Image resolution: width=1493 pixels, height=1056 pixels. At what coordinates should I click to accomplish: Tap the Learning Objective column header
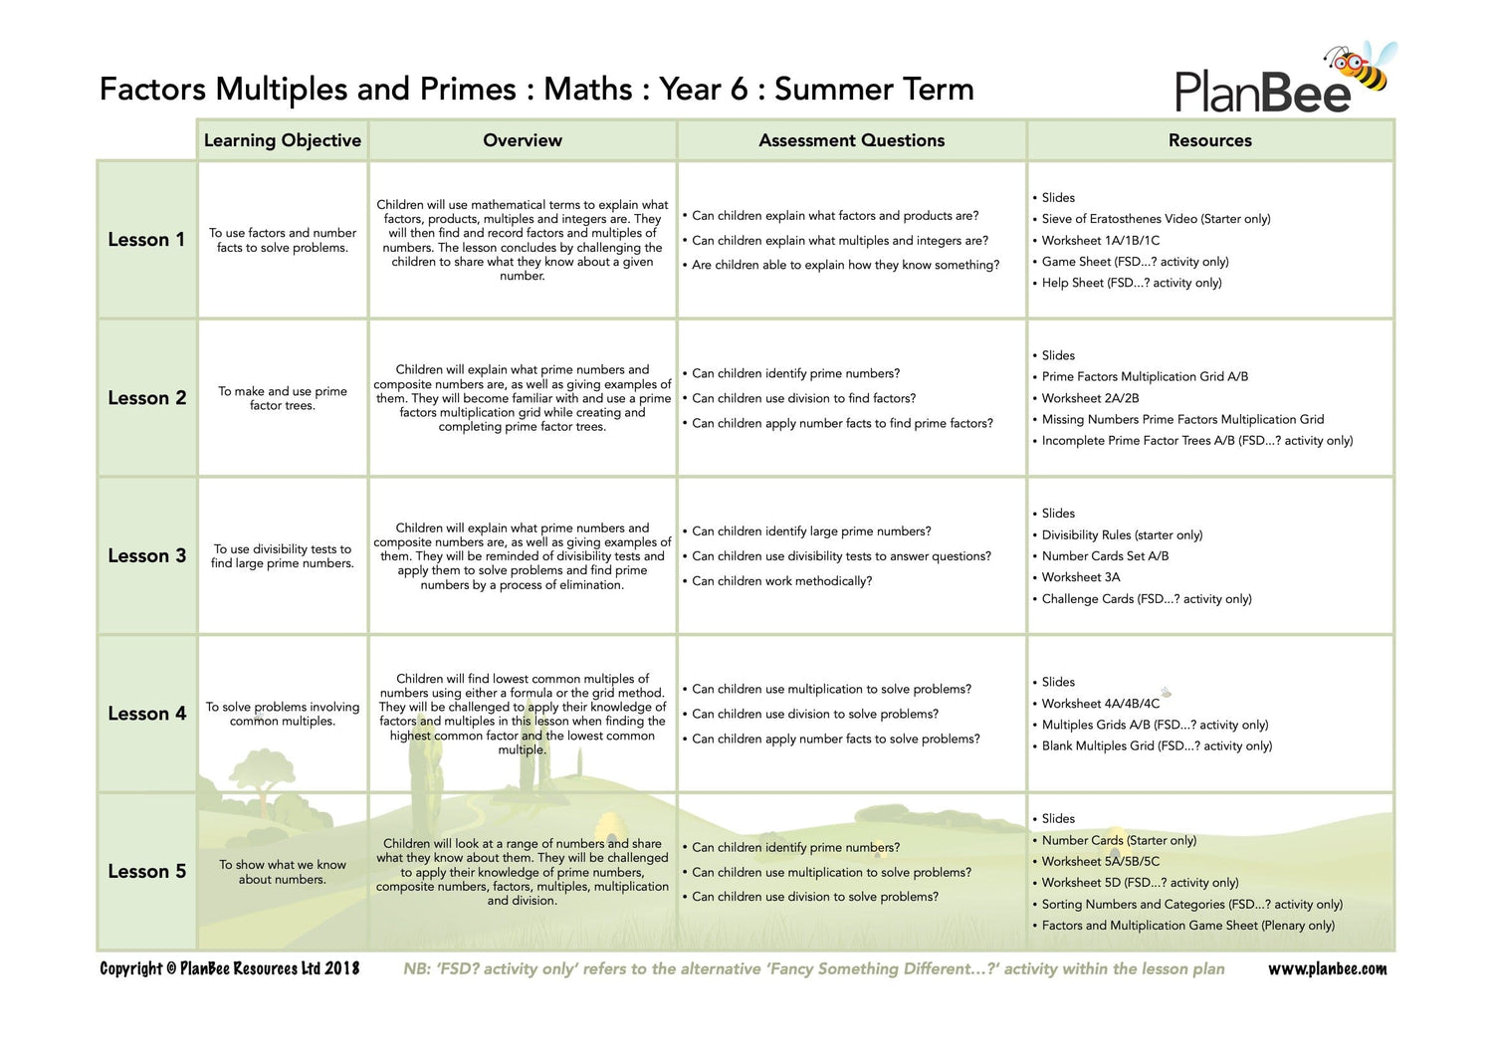(x=283, y=140)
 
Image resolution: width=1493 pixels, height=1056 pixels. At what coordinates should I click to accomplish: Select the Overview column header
(x=523, y=140)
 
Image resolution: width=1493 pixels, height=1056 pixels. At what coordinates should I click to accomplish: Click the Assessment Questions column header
(x=851, y=140)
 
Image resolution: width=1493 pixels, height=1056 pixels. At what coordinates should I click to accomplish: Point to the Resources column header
(x=1209, y=140)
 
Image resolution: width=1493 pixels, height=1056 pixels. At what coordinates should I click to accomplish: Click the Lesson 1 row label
(x=146, y=240)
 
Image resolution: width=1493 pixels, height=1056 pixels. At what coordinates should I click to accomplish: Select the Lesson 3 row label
(x=146, y=555)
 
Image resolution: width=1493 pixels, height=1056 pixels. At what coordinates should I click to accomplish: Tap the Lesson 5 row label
(x=146, y=871)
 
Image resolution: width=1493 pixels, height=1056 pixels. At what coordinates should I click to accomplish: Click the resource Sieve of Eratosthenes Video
(x=1156, y=219)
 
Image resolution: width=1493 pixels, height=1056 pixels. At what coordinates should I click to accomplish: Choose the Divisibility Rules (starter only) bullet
(x=1122, y=534)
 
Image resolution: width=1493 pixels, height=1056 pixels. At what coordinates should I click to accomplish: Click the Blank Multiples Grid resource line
(x=1157, y=745)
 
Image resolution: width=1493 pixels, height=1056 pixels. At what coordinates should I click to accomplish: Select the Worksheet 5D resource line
(x=1140, y=882)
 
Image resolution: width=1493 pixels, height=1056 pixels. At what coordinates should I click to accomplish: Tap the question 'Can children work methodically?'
(x=781, y=581)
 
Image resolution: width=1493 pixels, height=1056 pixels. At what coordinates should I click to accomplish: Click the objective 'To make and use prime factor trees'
(x=283, y=398)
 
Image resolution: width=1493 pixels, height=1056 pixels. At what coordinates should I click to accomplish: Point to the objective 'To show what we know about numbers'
(x=283, y=872)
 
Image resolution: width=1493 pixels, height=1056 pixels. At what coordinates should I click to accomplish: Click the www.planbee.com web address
(x=1327, y=968)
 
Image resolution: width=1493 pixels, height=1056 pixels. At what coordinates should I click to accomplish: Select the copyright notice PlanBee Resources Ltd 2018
(x=230, y=968)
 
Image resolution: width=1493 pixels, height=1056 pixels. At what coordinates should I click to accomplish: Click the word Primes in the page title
(x=467, y=90)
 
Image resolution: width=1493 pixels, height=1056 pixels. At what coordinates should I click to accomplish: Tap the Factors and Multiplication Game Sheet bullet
(x=1187, y=926)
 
